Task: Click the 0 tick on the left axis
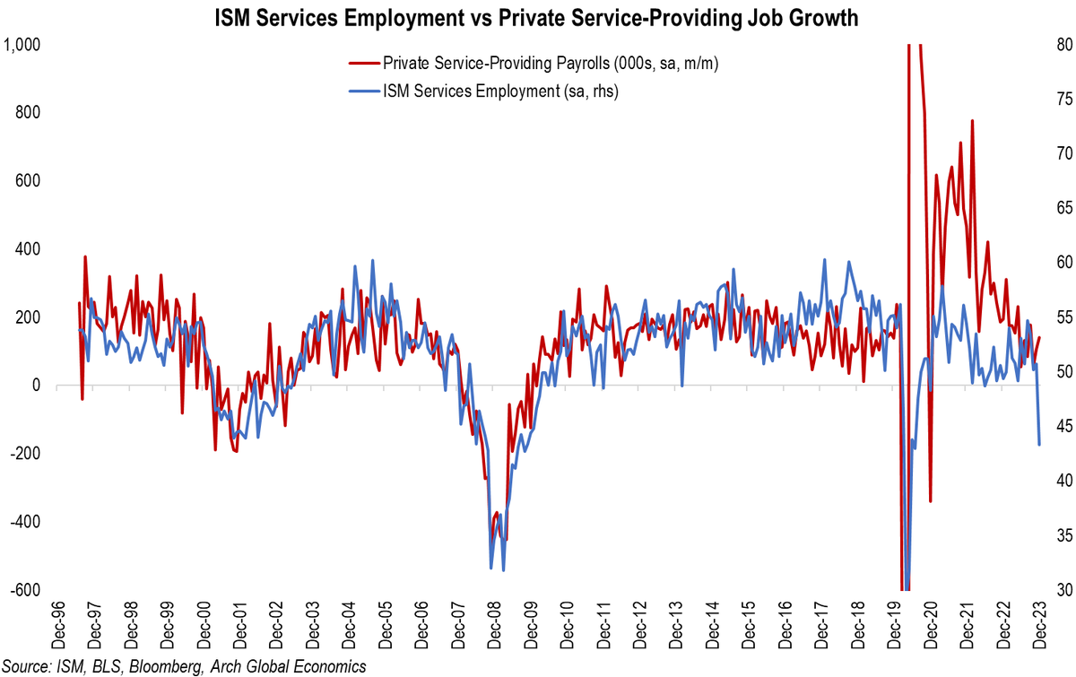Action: (x=37, y=386)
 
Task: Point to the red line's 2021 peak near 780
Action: (x=971, y=121)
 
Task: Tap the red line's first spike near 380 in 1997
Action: (x=85, y=256)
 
